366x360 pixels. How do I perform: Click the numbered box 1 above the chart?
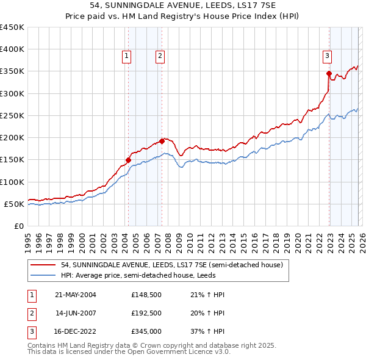pos(127,56)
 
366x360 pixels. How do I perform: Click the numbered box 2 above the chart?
pos(160,56)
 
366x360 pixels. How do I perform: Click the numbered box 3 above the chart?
pos(327,56)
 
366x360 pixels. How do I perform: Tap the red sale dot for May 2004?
pos(129,160)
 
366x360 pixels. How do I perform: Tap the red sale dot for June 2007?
pos(162,141)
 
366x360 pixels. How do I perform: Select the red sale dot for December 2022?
pos(329,74)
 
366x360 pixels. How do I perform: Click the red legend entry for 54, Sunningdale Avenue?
pos(171,265)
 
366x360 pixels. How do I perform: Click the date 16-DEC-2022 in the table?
pos(75,331)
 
